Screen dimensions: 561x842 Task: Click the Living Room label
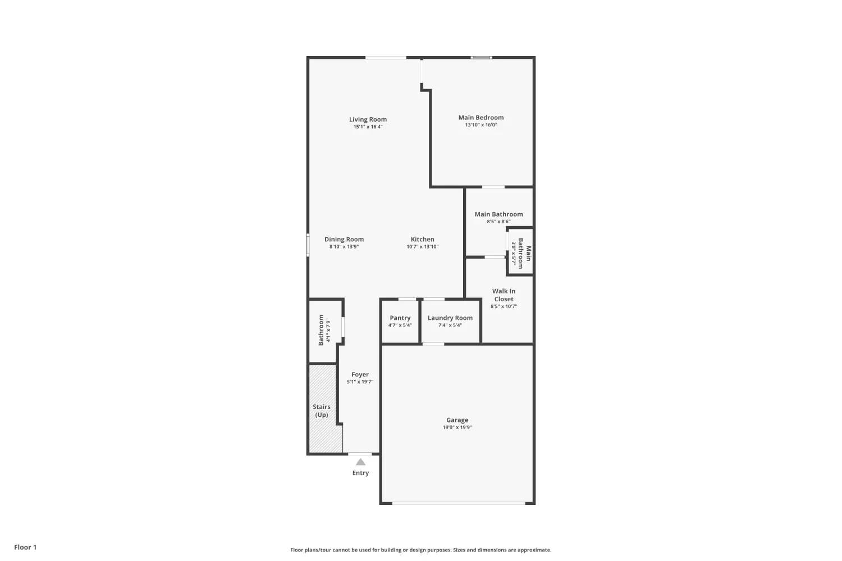coord(368,119)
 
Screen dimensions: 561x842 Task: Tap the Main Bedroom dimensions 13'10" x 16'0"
coord(481,125)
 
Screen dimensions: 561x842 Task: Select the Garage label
coord(457,420)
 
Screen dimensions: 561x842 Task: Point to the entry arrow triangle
coord(360,462)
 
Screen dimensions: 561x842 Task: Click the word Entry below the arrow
coord(360,473)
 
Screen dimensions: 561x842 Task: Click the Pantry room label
coord(400,318)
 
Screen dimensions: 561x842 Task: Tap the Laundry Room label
coord(450,318)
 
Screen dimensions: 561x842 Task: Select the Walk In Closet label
coord(504,295)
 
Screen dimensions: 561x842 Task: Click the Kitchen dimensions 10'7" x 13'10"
coord(422,247)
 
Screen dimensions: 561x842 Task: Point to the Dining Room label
coord(344,239)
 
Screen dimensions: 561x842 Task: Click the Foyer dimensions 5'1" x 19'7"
coord(360,382)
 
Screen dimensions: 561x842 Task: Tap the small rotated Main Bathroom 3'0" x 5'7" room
coord(520,253)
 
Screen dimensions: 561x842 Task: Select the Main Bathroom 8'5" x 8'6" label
coord(498,214)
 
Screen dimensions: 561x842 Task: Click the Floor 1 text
coord(25,547)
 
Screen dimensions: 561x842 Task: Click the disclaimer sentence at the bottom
coord(420,550)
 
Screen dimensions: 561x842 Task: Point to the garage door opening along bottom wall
coord(458,503)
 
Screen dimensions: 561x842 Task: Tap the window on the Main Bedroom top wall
coord(481,57)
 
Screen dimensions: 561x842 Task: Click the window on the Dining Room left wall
coord(308,245)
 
